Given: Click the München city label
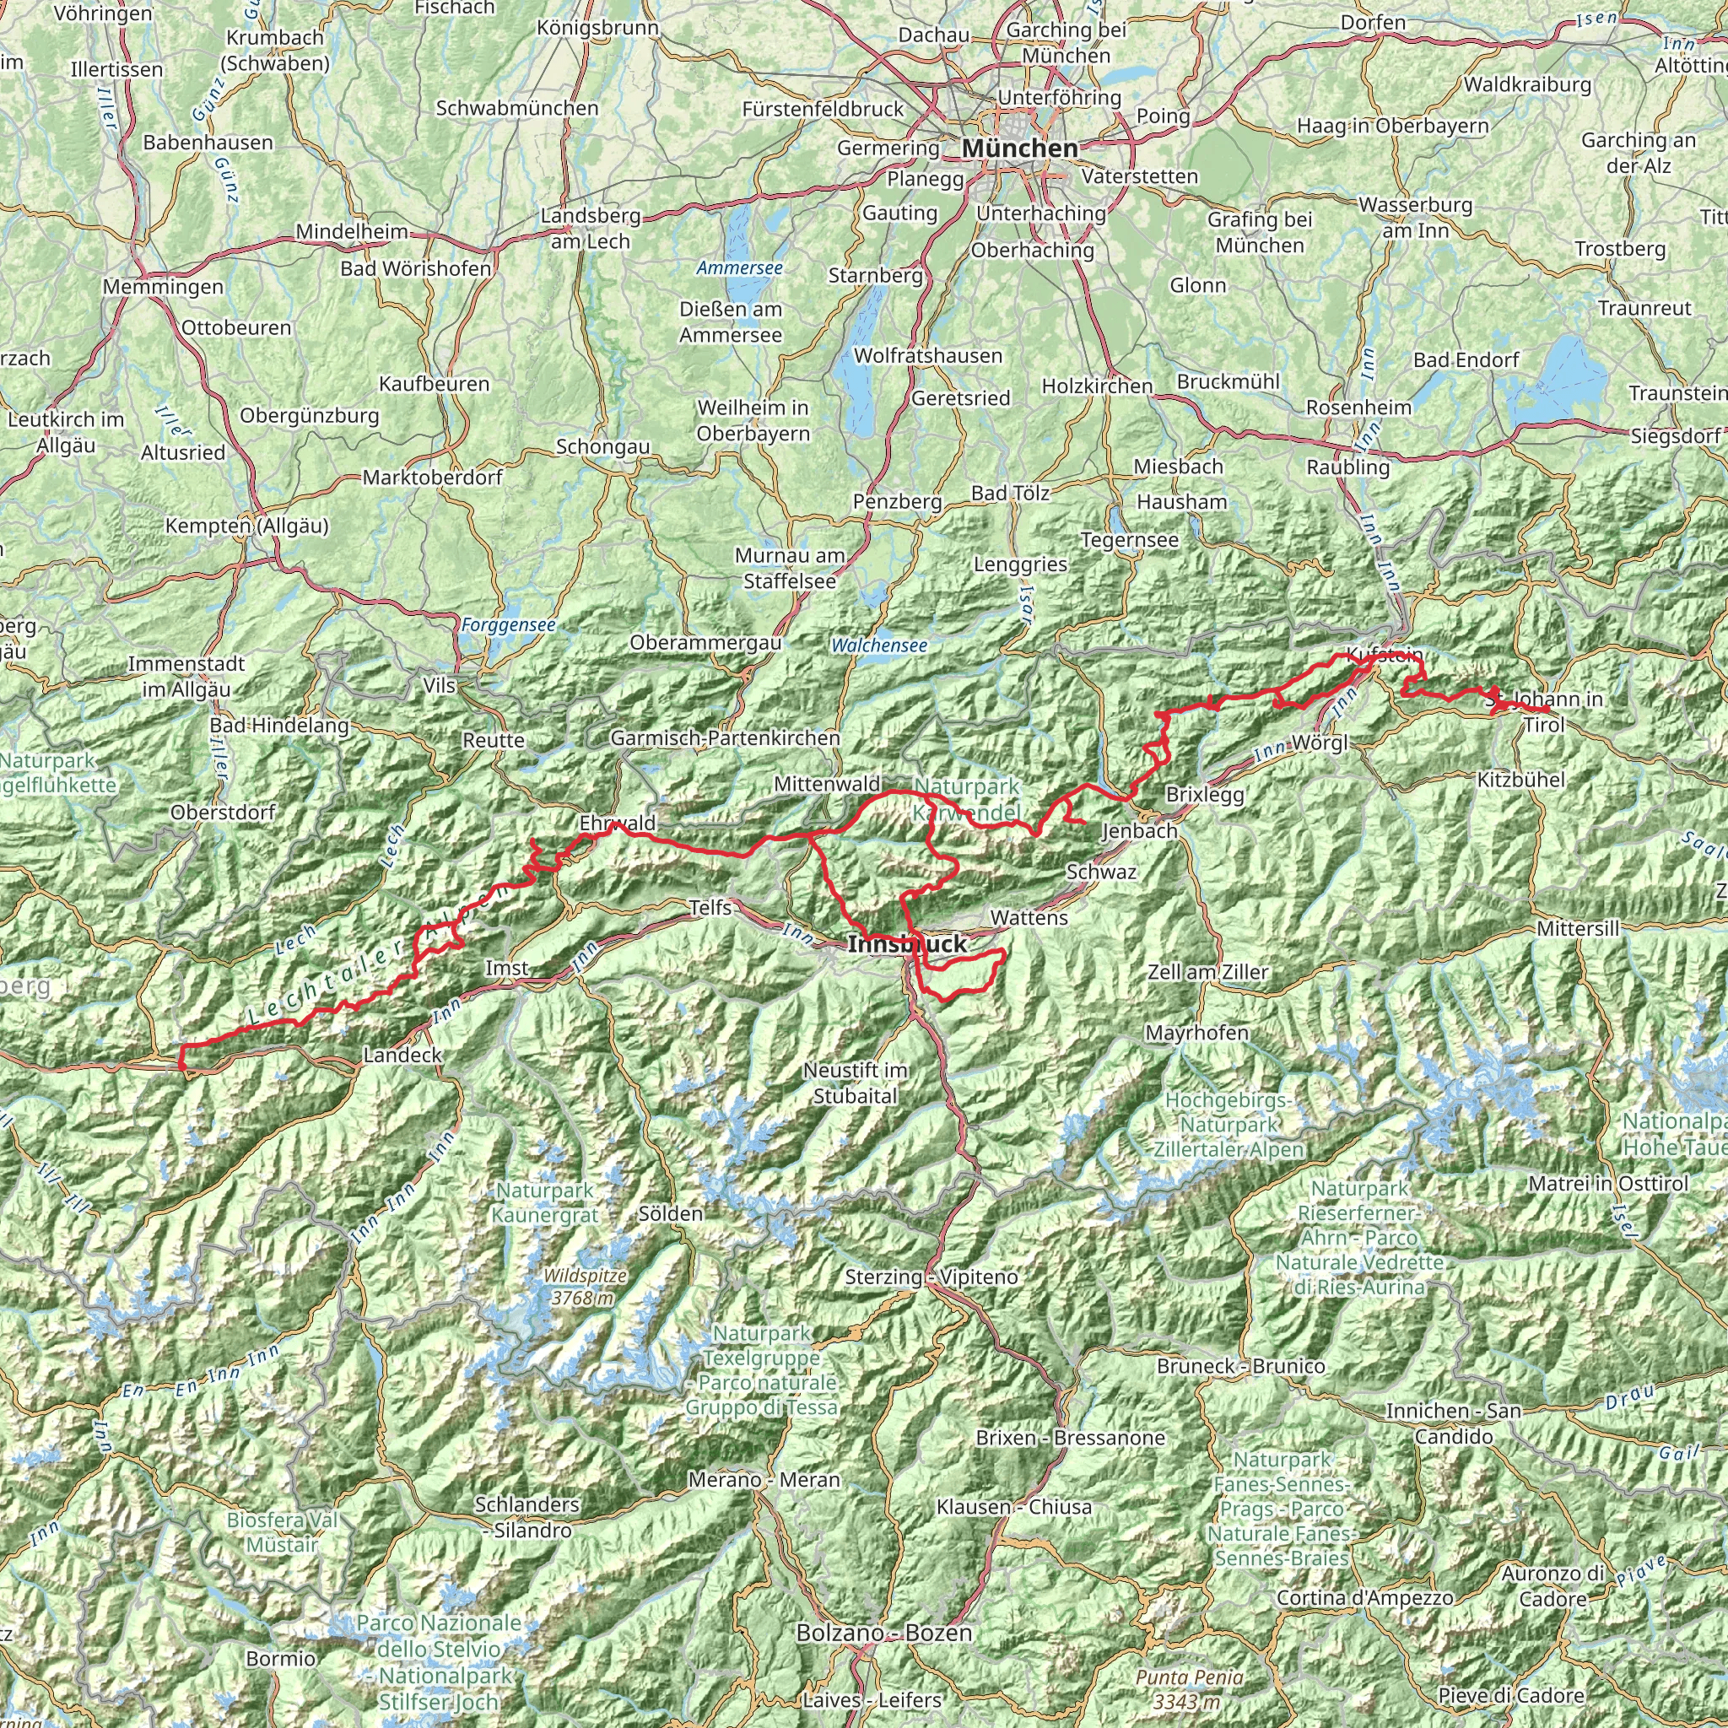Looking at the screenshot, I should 1021,148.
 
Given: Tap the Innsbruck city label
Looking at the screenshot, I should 907,943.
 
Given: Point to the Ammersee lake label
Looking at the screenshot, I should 740,268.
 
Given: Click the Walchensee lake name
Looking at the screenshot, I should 878,645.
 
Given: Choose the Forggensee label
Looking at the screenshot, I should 508,625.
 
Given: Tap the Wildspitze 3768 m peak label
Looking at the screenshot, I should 584,1287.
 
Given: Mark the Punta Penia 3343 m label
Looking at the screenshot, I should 1189,1688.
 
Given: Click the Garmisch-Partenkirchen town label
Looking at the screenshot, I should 725,738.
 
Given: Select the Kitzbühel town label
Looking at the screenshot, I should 1520,780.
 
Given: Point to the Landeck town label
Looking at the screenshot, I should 402,1055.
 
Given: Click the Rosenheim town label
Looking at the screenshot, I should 1358,408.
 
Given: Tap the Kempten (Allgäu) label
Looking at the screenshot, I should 247,526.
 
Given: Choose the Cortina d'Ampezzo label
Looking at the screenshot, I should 1365,1597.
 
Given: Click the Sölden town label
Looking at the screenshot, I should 670,1213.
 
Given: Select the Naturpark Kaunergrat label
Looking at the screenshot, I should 545,1203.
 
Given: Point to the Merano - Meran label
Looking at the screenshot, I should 764,1479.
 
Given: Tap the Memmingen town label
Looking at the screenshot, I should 163,287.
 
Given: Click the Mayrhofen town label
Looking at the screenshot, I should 1196,1033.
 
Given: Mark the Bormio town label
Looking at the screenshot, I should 280,1658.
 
